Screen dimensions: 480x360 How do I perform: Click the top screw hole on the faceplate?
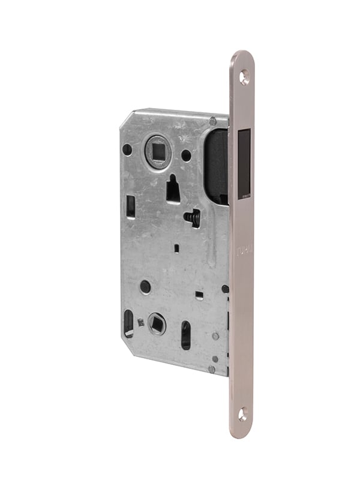pos(244,76)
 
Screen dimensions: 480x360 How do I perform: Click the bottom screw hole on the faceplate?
pos(242,413)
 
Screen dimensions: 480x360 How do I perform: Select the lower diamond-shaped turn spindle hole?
pos(157,324)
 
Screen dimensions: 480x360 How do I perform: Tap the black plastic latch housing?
pos(217,165)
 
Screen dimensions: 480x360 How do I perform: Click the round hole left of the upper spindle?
pos(127,149)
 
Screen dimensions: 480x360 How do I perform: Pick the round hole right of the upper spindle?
pos(187,155)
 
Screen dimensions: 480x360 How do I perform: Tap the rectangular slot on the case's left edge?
pos(131,206)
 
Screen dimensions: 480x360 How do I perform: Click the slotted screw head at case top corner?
pos(212,121)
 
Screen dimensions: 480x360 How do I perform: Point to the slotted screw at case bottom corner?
pos(212,369)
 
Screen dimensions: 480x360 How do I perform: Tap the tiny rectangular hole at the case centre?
pos(176,247)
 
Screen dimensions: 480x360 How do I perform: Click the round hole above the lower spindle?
pos(145,286)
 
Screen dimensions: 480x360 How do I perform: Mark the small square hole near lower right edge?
pos(200,295)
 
